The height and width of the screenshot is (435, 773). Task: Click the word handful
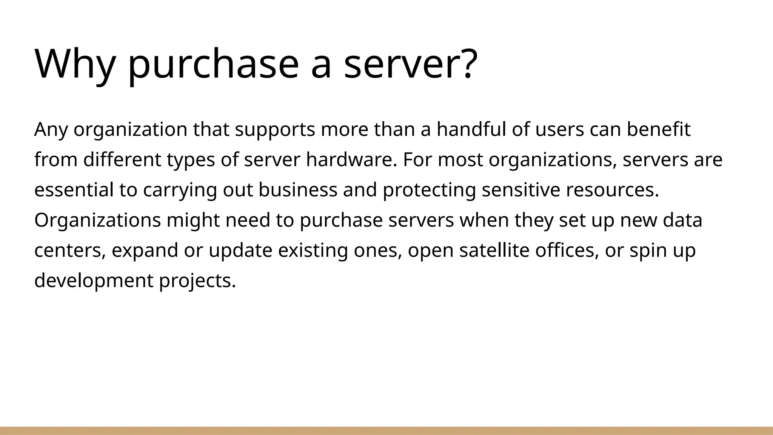point(471,130)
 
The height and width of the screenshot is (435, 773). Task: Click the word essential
point(74,190)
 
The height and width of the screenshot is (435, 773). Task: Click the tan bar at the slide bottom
point(386,431)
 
